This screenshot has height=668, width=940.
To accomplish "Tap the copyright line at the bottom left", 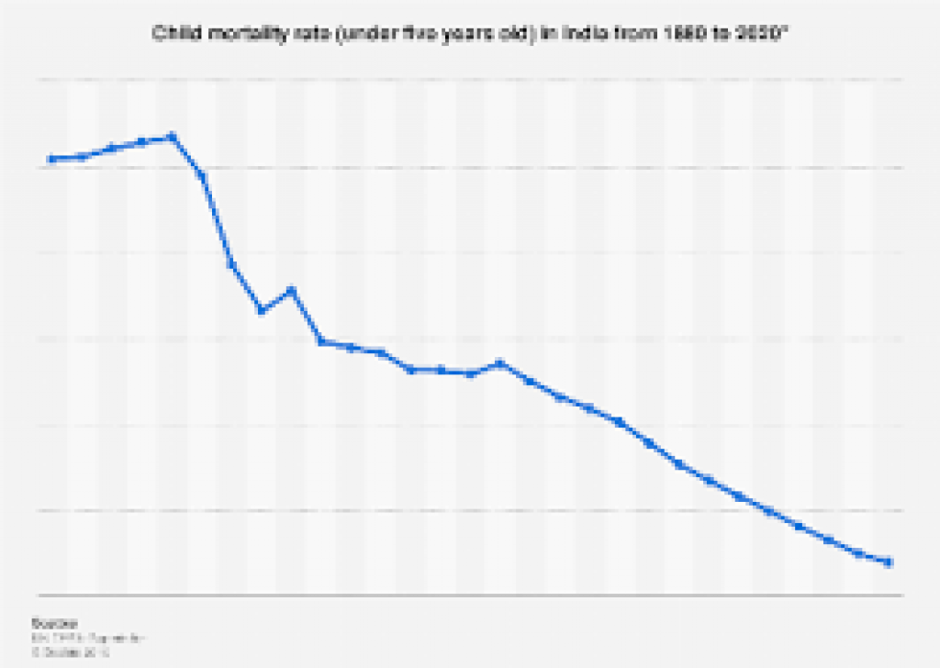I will click(70, 652).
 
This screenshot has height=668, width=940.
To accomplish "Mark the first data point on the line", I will click(51, 159).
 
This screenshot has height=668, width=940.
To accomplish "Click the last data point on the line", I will click(889, 562).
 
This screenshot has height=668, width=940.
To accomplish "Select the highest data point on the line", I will click(172, 137).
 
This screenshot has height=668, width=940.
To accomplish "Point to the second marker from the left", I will click(83, 156).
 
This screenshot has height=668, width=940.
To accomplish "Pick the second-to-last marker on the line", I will click(858, 553).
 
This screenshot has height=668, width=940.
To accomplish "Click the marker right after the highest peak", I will click(202, 175).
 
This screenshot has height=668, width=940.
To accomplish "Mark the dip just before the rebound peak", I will click(262, 310).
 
